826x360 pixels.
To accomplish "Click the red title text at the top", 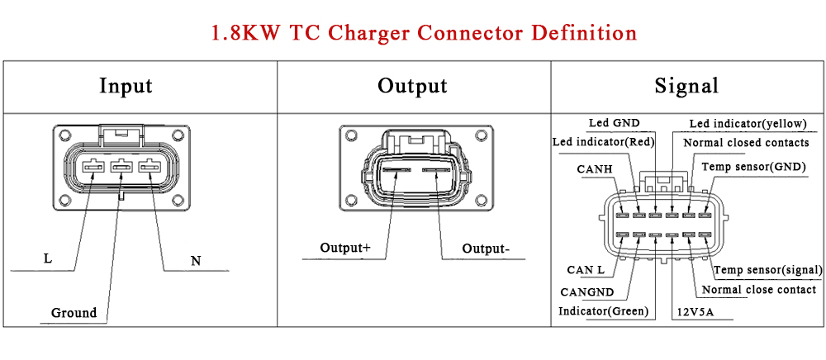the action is pyautogui.click(x=424, y=33).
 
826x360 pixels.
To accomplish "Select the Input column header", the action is pyautogui.click(x=126, y=86).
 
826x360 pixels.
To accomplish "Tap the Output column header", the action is pyautogui.click(x=412, y=86).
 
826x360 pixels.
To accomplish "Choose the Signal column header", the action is pyautogui.click(x=686, y=86).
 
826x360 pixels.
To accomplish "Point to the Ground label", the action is pyautogui.click(x=74, y=313).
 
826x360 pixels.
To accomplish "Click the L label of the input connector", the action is pyautogui.click(x=48, y=259).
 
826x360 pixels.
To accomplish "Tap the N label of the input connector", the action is pyautogui.click(x=196, y=261).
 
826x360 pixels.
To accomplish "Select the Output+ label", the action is pyautogui.click(x=345, y=248).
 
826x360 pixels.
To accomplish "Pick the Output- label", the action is pyautogui.click(x=486, y=249).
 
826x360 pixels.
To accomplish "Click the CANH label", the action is pyautogui.click(x=594, y=169).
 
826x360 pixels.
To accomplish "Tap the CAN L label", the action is pyautogui.click(x=586, y=270).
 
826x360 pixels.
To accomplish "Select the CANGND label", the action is pyautogui.click(x=586, y=291).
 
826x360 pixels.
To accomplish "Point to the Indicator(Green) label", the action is pyautogui.click(x=604, y=311).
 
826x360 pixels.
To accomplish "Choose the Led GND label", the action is pyautogui.click(x=614, y=123).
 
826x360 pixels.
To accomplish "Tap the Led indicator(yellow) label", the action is pyautogui.click(x=748, y=124).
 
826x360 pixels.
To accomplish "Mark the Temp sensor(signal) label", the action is pyautogui.click(x=768, y=270).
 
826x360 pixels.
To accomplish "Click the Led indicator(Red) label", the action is pyautogui.click(x=603, y=142).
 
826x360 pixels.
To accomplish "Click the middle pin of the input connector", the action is pyautogui.click(x=121, y=168).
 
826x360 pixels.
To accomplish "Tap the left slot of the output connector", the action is pyautogui.click(x=396, y=170).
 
